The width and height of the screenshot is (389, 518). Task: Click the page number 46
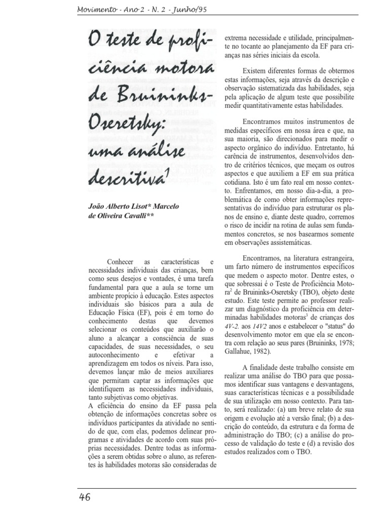click(x=85, y=497)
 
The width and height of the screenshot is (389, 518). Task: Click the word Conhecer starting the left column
click(x=122, y=261)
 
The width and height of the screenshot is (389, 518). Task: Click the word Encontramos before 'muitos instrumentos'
click(x=266, y=122)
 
